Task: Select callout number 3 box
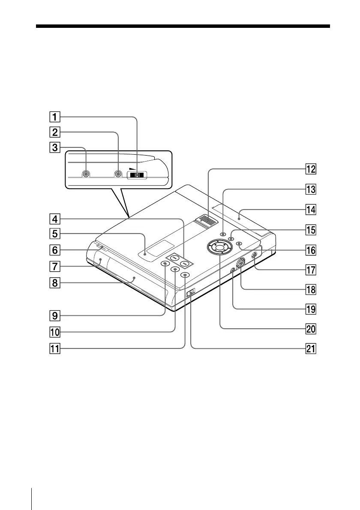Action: [x=54, y=148]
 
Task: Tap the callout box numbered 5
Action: [x=54, y=234]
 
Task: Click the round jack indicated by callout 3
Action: [x=86, y=174]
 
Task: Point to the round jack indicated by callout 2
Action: [x=118, y=174]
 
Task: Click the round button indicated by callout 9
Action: [x=165, y=264]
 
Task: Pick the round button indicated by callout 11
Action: [x=185, y=275]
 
